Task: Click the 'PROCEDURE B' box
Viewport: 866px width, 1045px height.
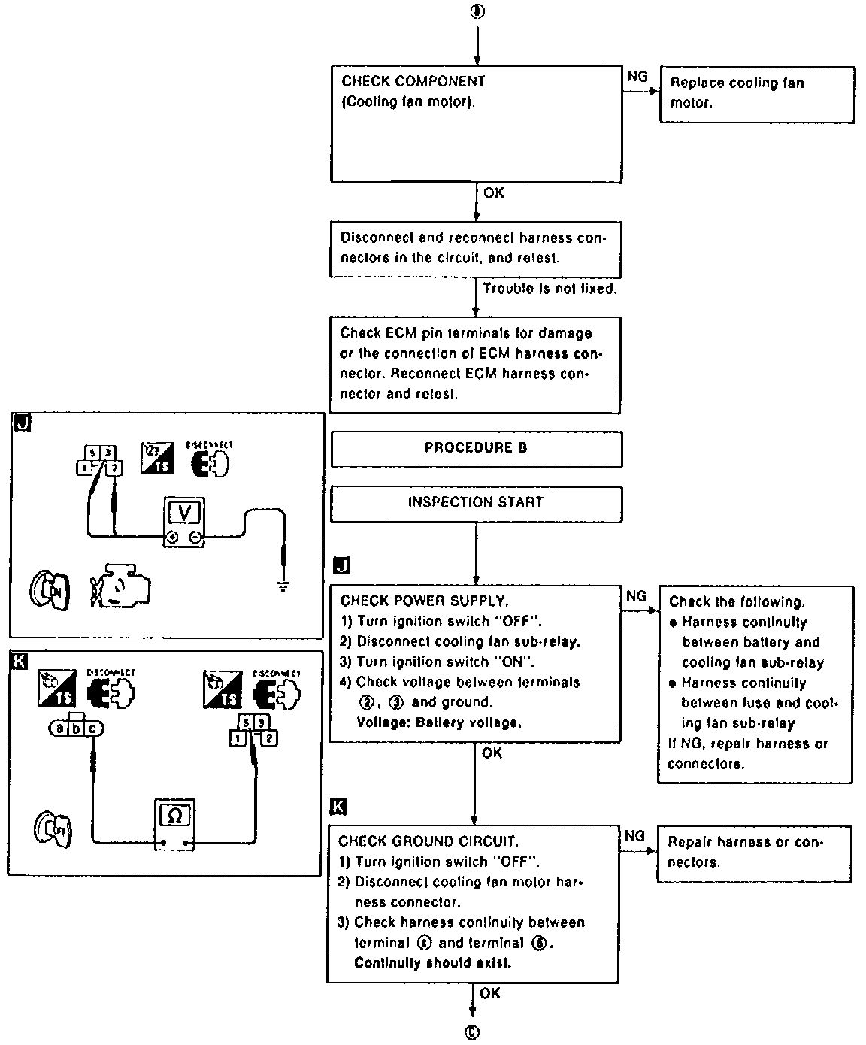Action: click(x=476, y=448)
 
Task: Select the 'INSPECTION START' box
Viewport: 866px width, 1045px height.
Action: click(x=476, y=502)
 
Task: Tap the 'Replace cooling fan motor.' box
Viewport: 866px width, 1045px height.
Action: click(x=756, y=95)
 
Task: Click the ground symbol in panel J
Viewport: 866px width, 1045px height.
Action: click(x=283, y=585)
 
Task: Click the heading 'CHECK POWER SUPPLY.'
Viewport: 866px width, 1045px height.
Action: click(x=424, y=601)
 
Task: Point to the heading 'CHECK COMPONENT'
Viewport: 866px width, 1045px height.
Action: click(x=413, y=81)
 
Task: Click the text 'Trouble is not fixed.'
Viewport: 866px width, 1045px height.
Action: click(x=549, y=289)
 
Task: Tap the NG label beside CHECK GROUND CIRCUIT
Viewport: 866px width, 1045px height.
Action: click(x=634, y=836)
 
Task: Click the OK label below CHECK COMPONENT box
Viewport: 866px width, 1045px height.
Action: click(x=493, y=193)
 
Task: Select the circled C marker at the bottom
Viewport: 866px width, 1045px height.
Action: click(x=473, y=1032)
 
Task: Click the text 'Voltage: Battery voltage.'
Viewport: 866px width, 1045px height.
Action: click(x=439, y=723)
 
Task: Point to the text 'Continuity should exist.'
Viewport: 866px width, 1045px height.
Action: click(x=432, y=963)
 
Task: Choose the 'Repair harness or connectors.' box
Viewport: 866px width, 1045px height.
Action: click(x=753, y=853)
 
